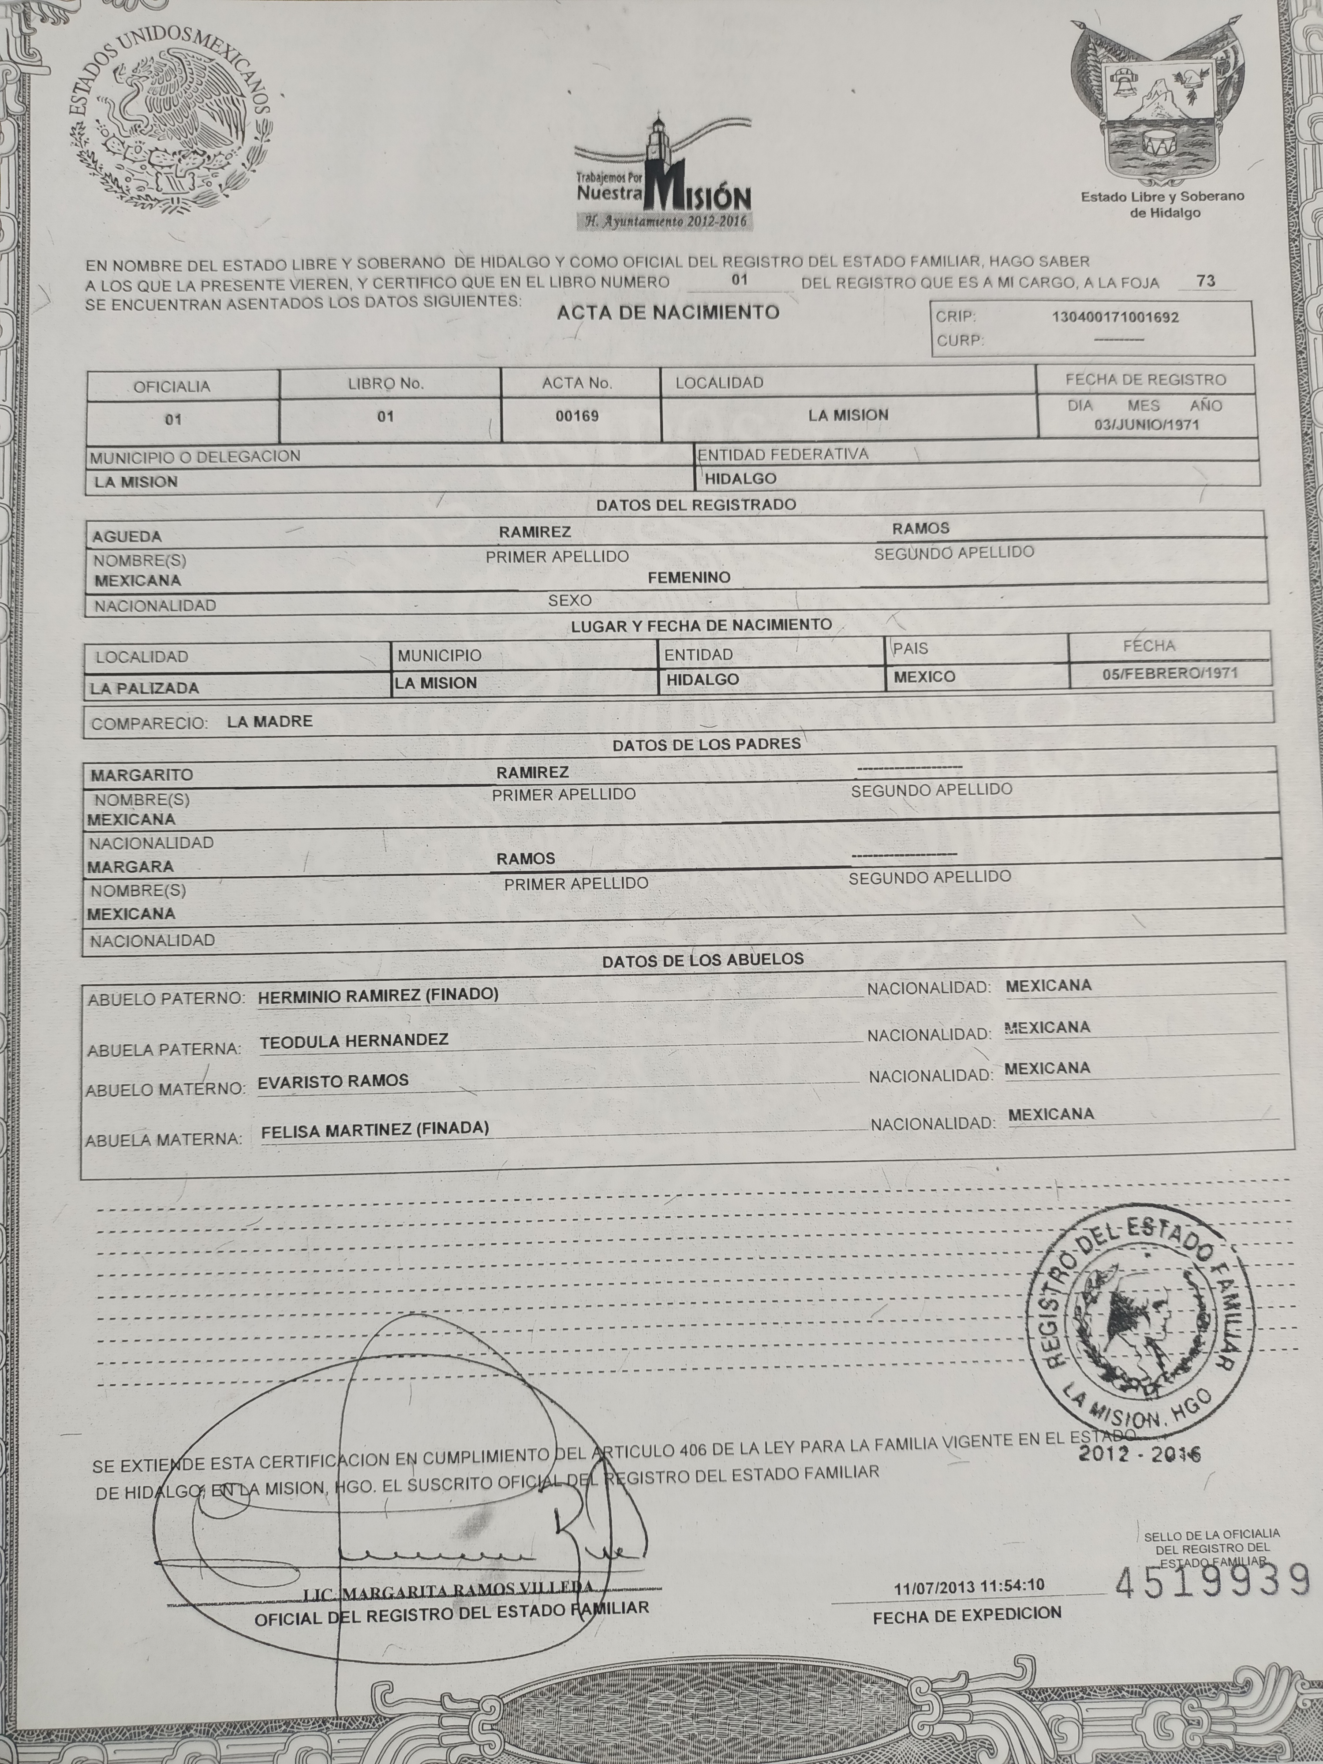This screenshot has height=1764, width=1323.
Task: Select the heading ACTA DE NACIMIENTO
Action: coord(668,313)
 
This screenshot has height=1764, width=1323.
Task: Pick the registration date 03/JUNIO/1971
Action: coord(1147,424)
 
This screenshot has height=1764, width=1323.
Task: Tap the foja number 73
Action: coord(1206,281)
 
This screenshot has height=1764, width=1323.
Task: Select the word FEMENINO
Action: coord(689,577)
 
